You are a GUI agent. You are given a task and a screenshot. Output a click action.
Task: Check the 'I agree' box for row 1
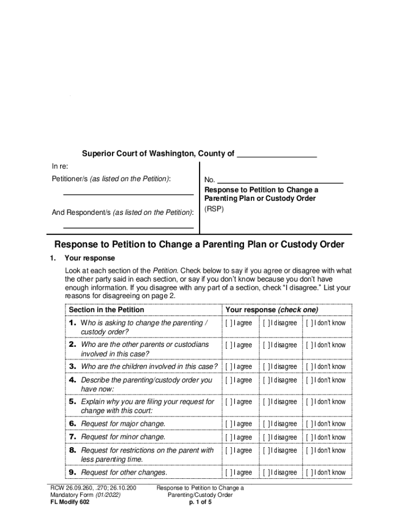coord(229,323)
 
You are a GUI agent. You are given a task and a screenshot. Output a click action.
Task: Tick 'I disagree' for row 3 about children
coord(266,367)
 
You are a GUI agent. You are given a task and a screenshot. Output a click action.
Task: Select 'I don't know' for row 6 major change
coord(309,424)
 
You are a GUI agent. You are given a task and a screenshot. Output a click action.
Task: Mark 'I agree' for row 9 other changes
coord(229,473)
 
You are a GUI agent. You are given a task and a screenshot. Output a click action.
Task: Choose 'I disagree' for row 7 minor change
coord(266,437)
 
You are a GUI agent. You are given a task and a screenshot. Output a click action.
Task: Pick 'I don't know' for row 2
coord(309,345)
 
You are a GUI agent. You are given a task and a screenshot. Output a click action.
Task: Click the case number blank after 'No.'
coord(280,180)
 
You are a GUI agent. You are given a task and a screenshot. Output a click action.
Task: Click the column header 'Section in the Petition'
coord(106,310)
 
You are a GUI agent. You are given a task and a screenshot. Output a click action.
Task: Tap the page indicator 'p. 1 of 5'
coord(201,502)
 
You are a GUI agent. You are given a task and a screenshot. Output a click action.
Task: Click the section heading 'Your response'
coord(90,258)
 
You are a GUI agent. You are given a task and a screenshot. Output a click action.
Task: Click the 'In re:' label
coord(60,166)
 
